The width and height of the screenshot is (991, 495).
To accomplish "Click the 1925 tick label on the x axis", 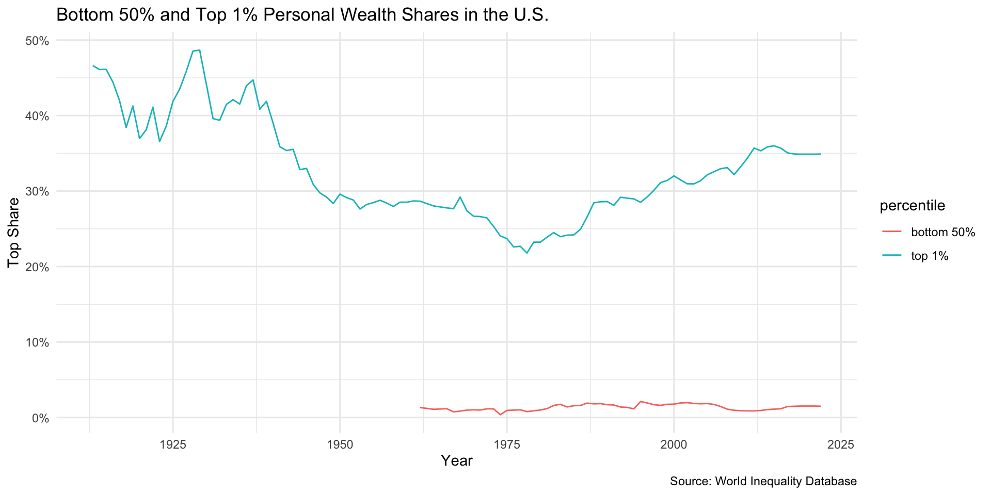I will coord(172,444).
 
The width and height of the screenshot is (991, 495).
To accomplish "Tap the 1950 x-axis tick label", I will coord(340,444).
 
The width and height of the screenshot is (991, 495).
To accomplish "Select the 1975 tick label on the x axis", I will coord(506,444).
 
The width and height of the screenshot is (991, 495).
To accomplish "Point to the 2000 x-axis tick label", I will coord(674,444).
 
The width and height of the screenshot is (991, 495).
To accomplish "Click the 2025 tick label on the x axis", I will coord(841,444).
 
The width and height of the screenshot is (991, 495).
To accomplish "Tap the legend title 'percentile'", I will coord(912,206).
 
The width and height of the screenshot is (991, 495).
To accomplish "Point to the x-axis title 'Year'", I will coord(457,461).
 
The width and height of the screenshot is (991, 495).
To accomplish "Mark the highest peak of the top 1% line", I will coord(199,50).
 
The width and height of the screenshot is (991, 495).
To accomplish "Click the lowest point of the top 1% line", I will coord(526,253).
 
